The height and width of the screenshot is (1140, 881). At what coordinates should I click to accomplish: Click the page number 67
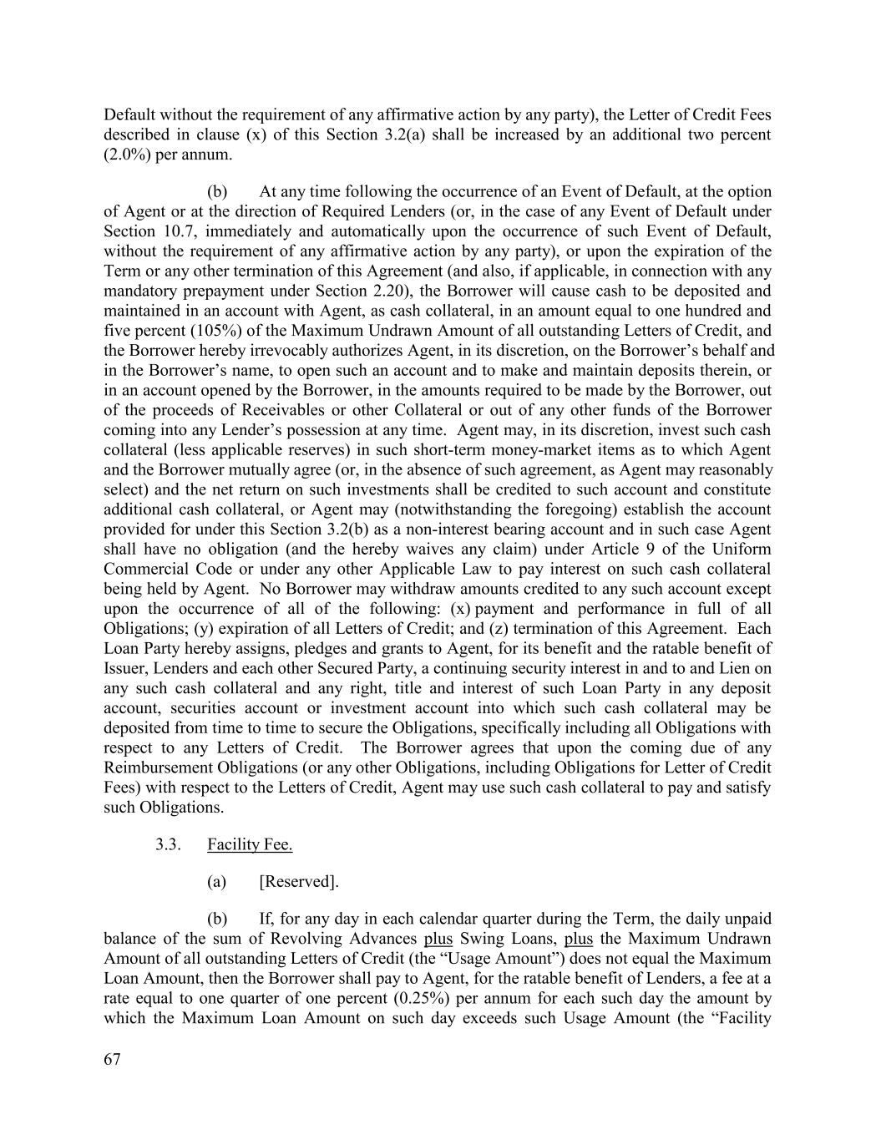coord(113,1059)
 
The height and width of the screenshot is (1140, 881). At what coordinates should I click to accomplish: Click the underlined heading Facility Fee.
coord(250,844)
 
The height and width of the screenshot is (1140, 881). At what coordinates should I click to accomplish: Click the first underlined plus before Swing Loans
coord(438,938)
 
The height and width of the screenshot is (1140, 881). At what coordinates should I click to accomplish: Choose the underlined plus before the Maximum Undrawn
coord(579,938)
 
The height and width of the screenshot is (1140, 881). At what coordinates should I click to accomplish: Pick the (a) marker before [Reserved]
coord(217,882)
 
